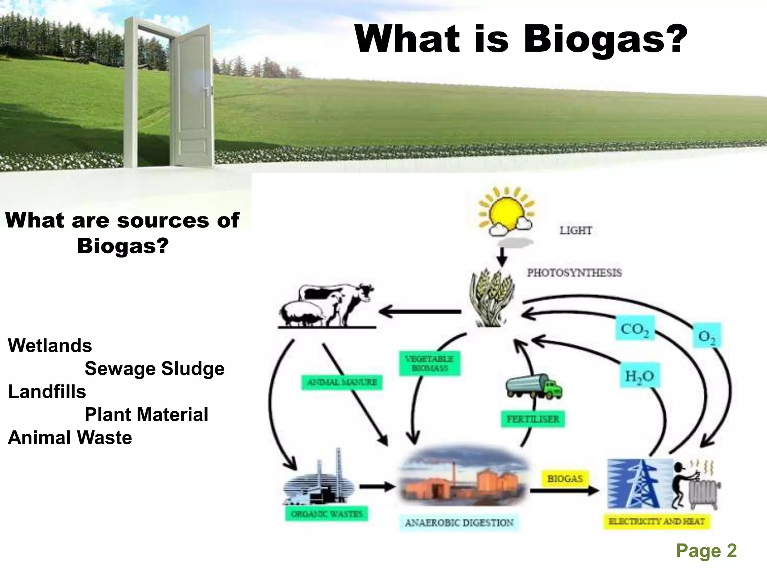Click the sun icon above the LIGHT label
[x=506, y=212]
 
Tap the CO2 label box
[x=635, y=328]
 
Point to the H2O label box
[x=639, y=376]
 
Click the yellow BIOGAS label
[x=565, y=479]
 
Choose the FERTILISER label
[x=533, y=419]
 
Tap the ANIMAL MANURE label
[x=342, y=382]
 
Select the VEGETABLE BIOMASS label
[x=430, y=363]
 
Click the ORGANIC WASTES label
[x=327, y=514]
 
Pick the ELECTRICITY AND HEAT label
[x=657, y=521]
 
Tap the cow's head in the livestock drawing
[x=366, y=290]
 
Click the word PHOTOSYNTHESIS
[x=574, y=273]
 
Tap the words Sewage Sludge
[x=154, y=369]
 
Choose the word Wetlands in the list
[x=50, y=346]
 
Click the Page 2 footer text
[x=706, y=551]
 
